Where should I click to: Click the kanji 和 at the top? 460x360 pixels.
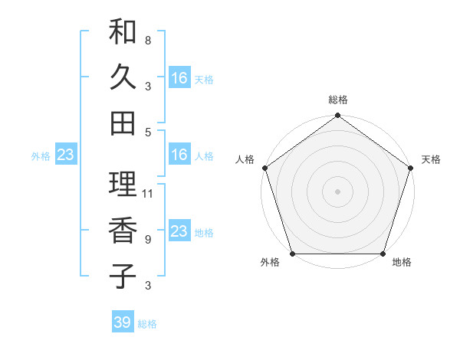[123, 33]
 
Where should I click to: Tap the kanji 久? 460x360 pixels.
[123, 77]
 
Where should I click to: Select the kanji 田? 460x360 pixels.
[123, 123]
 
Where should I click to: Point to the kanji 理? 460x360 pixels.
[123, 184]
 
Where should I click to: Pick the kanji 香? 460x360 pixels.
[123, 231]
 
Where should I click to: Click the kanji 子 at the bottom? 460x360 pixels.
[123, 276]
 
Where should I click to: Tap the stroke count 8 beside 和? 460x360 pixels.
[147, 40]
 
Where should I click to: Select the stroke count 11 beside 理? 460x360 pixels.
[149, 193]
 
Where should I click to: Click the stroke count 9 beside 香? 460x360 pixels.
[147, 240]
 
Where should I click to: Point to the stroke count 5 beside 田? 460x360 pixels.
[147, 132]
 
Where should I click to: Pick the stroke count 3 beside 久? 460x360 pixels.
[147, 86]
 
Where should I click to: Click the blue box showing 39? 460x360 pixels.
[123, 322]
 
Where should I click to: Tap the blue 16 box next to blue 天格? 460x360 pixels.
[179, 78]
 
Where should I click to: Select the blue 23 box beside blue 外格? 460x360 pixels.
[65, 155]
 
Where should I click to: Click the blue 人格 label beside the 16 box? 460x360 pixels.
[204, 156]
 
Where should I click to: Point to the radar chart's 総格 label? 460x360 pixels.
[337, 100]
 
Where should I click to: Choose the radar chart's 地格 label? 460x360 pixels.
[402, 263]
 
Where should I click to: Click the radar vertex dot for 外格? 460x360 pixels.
[292, 254]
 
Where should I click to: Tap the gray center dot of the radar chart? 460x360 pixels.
[337, 191]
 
